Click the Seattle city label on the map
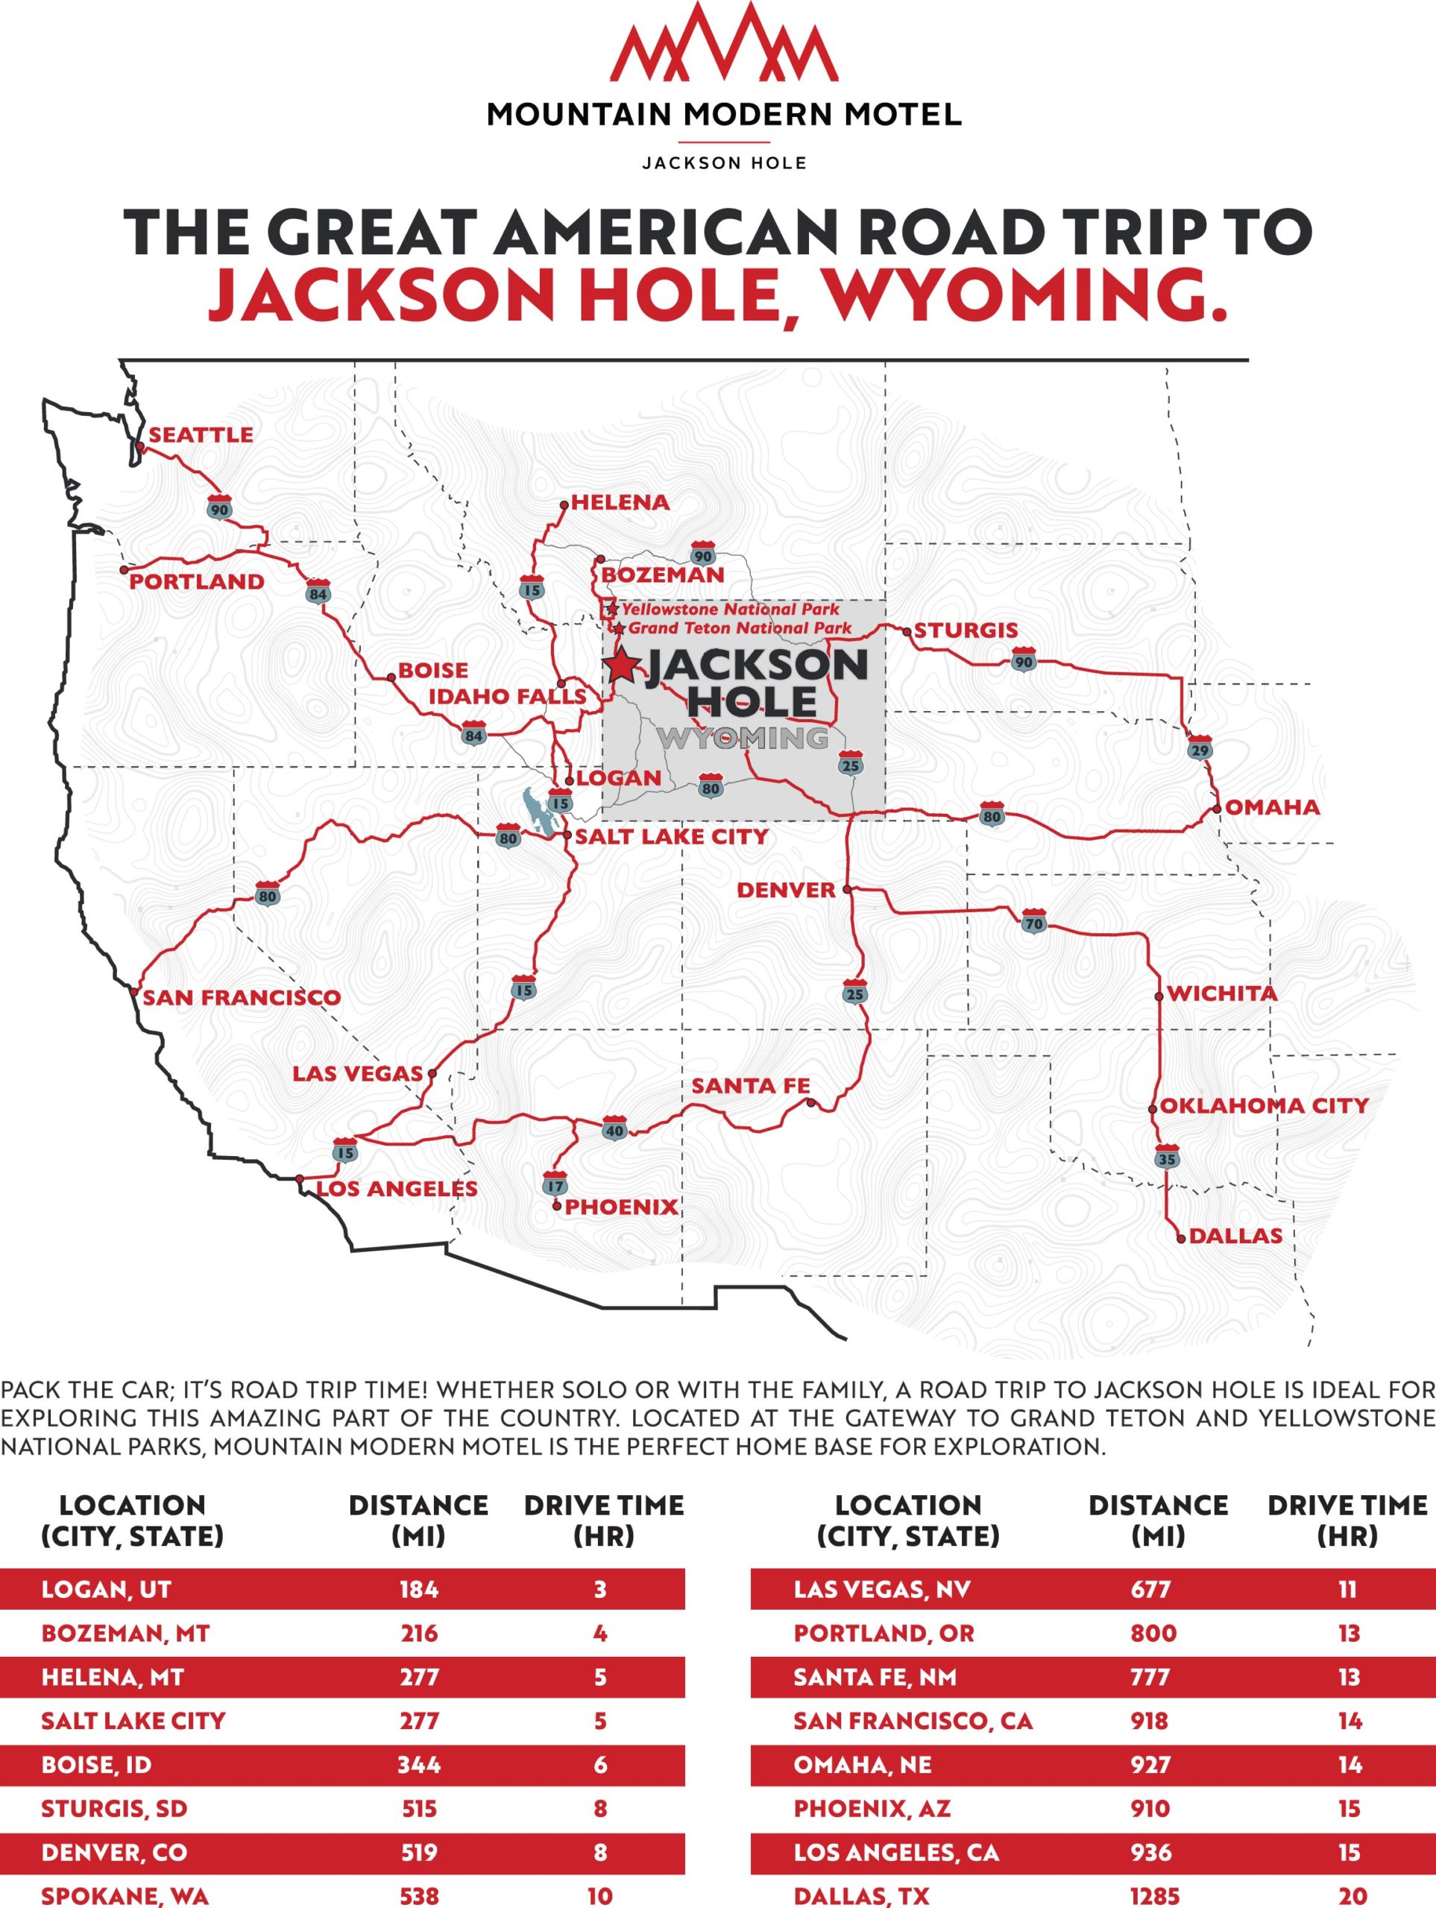click(201, 435)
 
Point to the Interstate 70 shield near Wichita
click(1034, 921)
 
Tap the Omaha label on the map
click(1272, 807)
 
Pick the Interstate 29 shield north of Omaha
click(1200, 747)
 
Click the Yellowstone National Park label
click(730, 609)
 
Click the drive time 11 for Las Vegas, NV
click(1347, 1589)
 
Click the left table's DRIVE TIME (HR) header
click(603, 1520)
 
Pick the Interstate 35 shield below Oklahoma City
click(1167, 1158)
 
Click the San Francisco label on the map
click(242, 998)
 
